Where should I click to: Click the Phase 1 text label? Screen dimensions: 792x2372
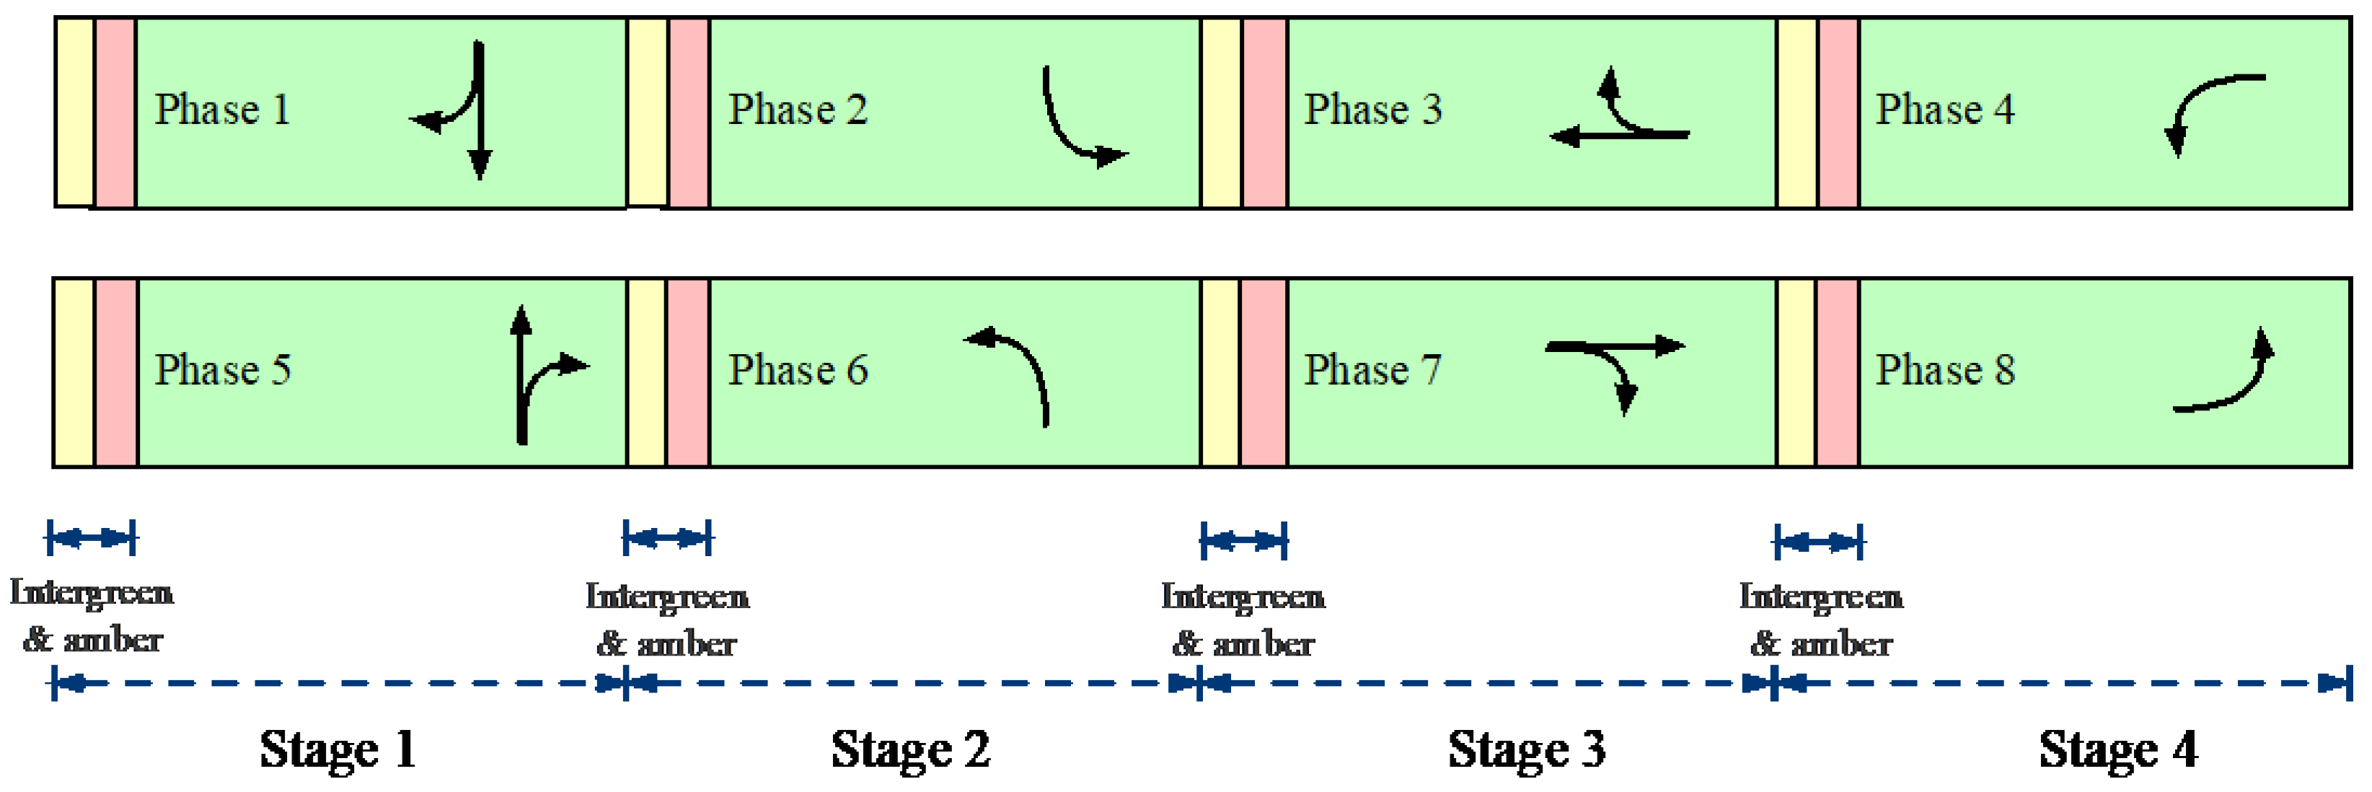(x=222, y=110)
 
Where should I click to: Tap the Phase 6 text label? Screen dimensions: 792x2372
(x=798, y=370)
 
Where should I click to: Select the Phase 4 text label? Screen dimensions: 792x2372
(x=1945, y=110)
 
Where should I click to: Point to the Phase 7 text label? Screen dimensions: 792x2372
(x=1372, y=370)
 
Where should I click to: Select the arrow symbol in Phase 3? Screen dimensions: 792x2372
(x=1621, y=115)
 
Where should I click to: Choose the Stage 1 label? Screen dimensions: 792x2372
(x=338, y=749)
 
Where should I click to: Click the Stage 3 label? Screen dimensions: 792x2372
(x=1527, y=749)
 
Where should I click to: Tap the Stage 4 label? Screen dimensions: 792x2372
(x=2118, y=749)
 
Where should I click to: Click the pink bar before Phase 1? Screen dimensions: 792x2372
(x=116, y=113)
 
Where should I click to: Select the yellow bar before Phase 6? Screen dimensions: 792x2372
(x=646, y=373)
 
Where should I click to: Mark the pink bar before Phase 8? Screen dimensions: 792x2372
(x=1837, y=373)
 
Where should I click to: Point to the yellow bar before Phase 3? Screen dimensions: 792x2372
(x=1222, y=113)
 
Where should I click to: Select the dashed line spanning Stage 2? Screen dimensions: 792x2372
(x=912, y=683)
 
